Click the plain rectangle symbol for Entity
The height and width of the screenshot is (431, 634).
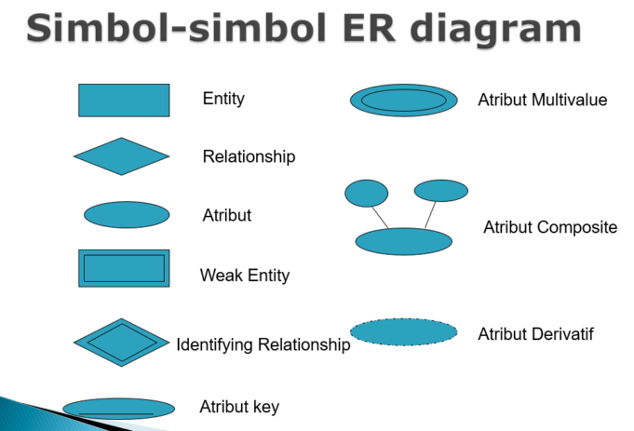124,101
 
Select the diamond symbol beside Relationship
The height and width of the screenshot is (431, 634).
121,156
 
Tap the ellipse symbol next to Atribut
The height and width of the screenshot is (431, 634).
127,215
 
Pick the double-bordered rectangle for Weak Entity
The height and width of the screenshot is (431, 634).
124,268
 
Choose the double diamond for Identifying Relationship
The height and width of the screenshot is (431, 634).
121,343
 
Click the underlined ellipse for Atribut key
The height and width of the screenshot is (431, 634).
118,409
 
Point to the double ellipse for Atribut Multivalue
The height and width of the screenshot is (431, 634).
404,101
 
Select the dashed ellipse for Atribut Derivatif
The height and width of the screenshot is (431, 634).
404,331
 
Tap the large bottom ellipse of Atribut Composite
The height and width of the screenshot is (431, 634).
404,241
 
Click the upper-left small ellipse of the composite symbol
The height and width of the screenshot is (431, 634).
367,193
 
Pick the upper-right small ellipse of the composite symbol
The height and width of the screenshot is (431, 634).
440,191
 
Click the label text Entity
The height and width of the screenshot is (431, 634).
223,98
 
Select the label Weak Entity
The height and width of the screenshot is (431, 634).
245,276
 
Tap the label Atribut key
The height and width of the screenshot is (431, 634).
239,407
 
